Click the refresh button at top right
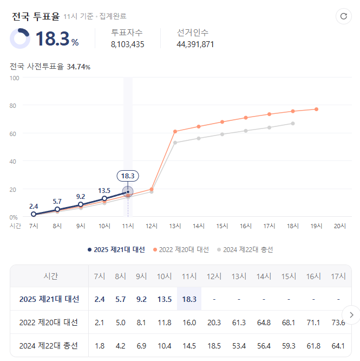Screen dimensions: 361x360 point(343,16)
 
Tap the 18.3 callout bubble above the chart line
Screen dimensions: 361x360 point(128,176)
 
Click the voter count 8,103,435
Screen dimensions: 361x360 point(127,44)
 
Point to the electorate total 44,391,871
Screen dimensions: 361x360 point(195,44)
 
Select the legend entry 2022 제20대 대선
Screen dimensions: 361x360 point(181,249)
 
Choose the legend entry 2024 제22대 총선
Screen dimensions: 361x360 point(245,249)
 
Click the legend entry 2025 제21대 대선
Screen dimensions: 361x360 point(116,249)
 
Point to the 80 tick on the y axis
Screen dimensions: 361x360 point(15,106)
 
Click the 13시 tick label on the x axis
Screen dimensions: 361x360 point(175,225)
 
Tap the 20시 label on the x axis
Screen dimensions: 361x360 point(340,225)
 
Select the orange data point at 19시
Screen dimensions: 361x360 point(317,109)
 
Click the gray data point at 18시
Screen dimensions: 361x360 point(293,124)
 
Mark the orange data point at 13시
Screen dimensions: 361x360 point(175,131)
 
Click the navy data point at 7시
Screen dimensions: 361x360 point(34,214)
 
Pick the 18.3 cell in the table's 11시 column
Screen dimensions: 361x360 point(189,299)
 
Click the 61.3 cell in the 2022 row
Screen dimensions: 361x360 point(238,323)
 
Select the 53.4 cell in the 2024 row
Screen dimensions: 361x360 point(238,346)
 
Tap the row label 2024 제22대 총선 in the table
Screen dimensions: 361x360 point(49,346)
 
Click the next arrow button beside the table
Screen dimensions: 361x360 point(351,314)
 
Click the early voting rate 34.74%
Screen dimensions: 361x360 point(78,67)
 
